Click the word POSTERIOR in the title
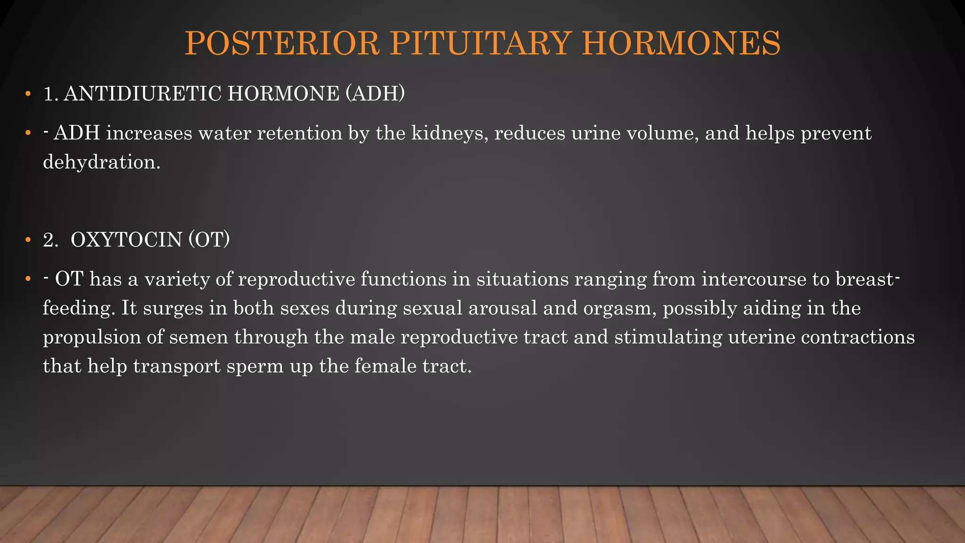[282, 43]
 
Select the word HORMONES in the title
[681, 43]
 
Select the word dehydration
[102, 162]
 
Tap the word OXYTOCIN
[126, 240]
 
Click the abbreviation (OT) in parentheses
[209, 240]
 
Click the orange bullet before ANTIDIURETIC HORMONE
[28, 94]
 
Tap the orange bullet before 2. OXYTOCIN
[28, 240]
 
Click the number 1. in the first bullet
[50, 94]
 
